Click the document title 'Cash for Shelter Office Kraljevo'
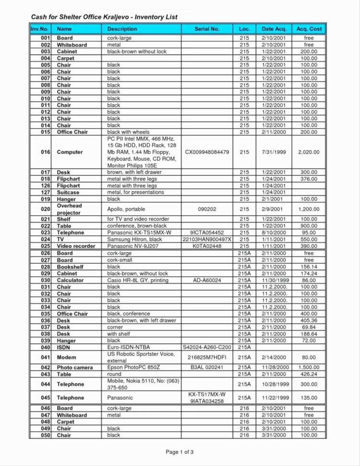tap(104, 17)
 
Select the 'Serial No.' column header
tap(207, 29)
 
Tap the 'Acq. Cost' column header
tap(309, 29)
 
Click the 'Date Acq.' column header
tap(274, 29)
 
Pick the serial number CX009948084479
tap(207, 152)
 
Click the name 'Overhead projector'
tap(70, 209)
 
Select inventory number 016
tap(46, 152)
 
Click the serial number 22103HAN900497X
tap(207, 239)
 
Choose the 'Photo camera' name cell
tap(75, 367)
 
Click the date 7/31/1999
tap(274, 152)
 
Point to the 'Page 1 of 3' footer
tap(180, 452)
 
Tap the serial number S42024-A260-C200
tap(207, 347)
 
